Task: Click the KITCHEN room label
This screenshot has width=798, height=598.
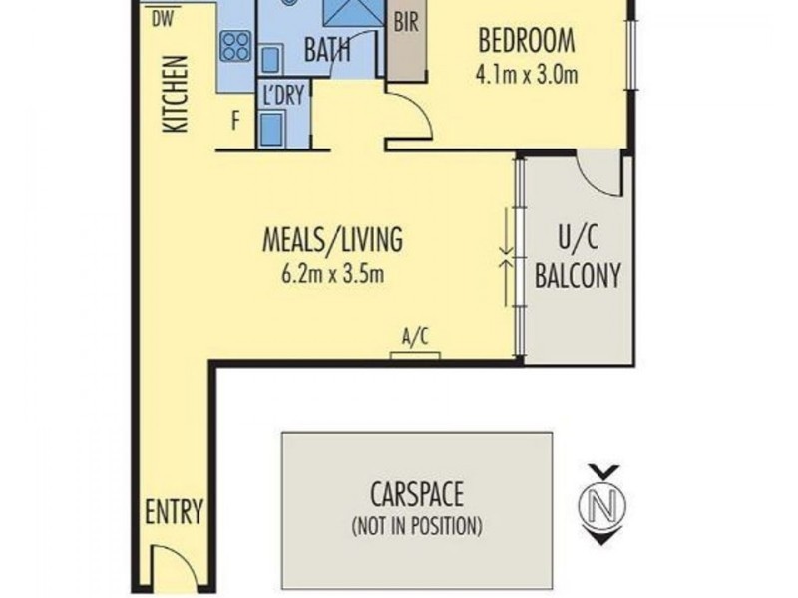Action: (176, 94)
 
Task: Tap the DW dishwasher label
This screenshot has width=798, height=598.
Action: (163, 20)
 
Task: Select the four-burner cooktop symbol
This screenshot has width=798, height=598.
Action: (236, 46)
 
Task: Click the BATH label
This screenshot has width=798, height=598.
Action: (327, 49)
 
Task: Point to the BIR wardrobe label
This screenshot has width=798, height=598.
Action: (406, 22)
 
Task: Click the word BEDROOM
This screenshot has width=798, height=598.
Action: (527, 41)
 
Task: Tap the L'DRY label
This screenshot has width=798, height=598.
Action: (283, 95)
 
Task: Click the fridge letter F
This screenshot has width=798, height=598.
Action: (235, 121)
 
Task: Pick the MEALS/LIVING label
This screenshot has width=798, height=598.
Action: (332, 239)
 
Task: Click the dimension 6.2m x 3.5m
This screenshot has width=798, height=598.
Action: (332, 275)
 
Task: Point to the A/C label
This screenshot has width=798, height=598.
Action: (415, 337)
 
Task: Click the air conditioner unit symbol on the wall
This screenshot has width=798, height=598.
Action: (415, 356)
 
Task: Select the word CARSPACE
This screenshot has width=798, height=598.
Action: (417, 494)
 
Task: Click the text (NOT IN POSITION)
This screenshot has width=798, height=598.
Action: (417, 526)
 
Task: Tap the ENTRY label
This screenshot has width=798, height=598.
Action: (174, 511)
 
